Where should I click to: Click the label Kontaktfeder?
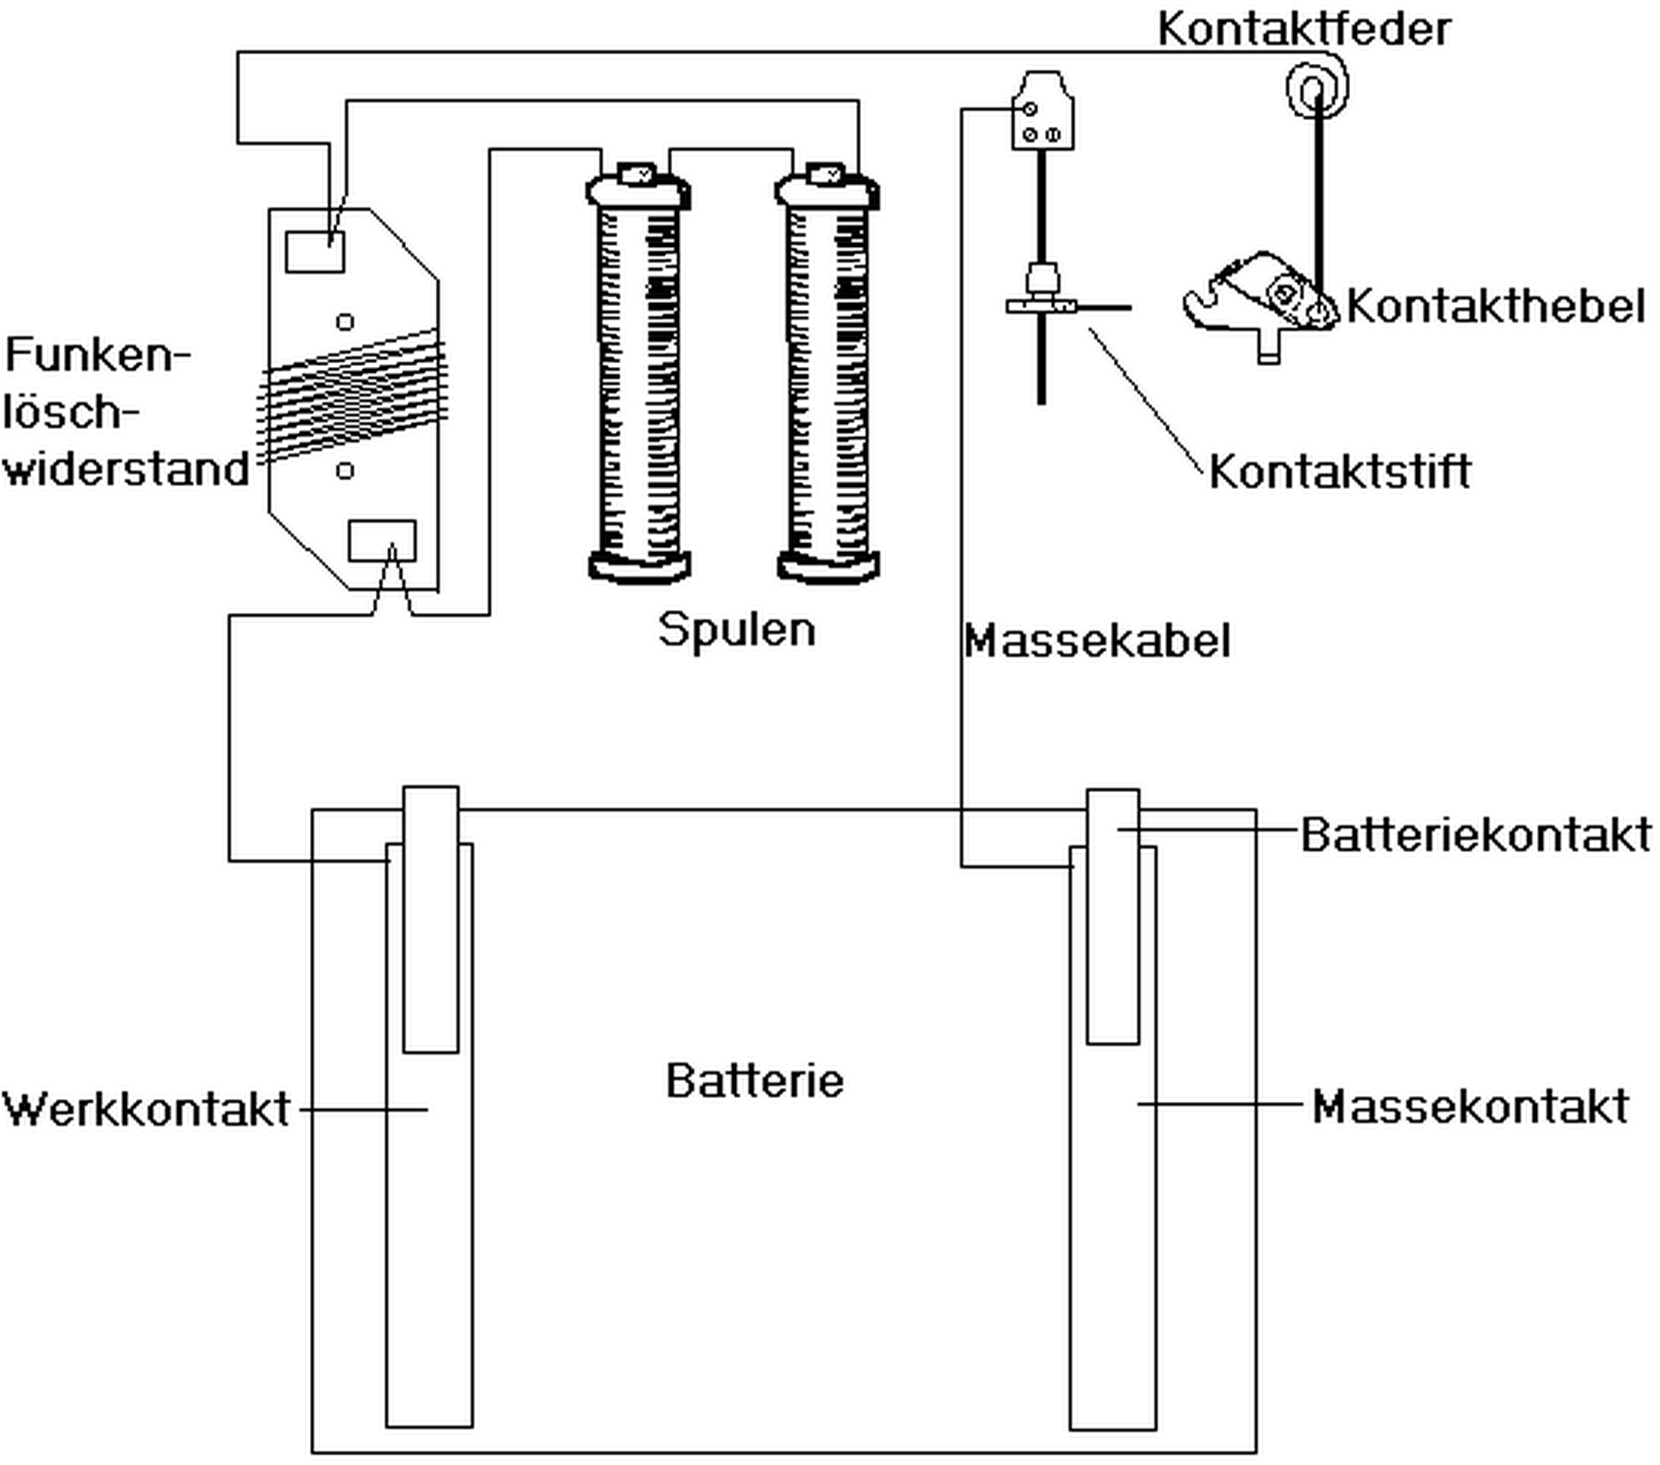coord(1304,29)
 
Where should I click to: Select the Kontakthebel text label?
coord(1494,307)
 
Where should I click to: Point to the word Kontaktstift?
coord(1339,472)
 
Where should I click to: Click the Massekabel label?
coord(1097,641)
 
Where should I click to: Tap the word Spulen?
coord(737,629)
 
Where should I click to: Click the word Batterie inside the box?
coord(754,1081)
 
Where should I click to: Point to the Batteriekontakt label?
coord(1475,835)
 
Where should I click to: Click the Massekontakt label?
coord(1469,1107)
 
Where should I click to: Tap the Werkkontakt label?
coord(146,1110)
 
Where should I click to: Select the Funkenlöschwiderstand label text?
coord(126,412)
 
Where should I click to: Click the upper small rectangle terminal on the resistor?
coord(315,251)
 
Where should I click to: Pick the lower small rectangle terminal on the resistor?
coord(382,540)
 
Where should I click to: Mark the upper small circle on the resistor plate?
coord(345,321)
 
